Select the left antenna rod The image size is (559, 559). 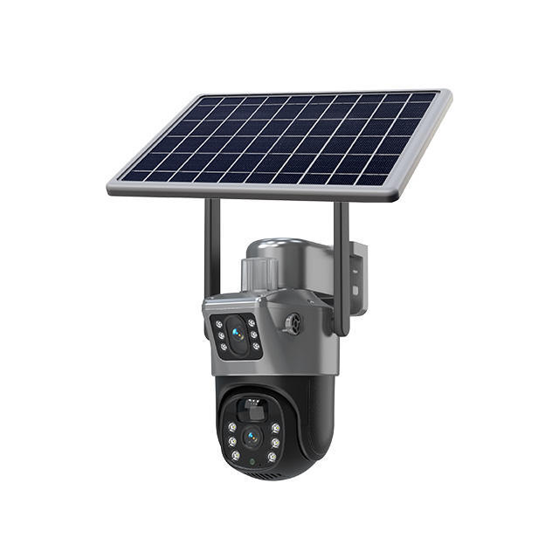[x=210, y=249]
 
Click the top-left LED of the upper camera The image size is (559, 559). [x=218, y=324]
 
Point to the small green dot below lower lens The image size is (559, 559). [x=253, y=460]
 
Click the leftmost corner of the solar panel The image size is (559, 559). [x=109, y=187]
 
